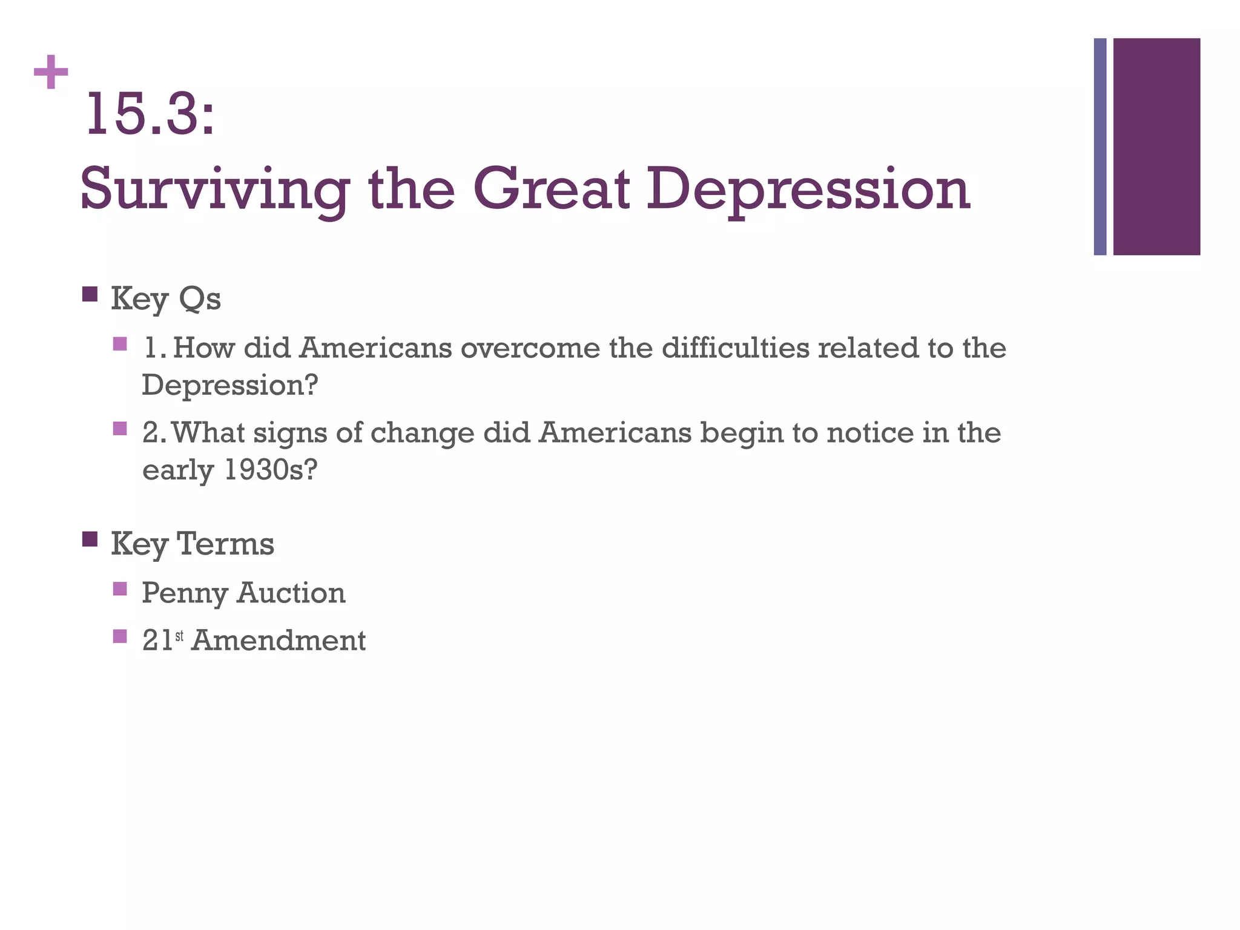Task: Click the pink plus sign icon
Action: pyautogui.click(x=51, y=72)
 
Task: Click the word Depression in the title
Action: pyautogui.click(x=808, y=190)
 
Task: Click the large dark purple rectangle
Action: pyautogui.click(x=1156, y=147)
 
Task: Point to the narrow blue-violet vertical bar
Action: pyautogui.click(x=1100, y=147)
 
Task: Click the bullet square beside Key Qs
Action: pyautogui.click(x=90, y=294)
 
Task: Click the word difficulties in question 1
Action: pyautogui.click(x=735, y=348)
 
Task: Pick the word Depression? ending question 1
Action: pyautogui.click(x=229, y=385)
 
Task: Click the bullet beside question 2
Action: pyautogui.click(x=120, y=429)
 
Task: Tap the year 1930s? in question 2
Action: pyautogui.click(x=270, y=470)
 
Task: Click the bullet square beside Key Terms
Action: pyautogui.click(x=90, y=539)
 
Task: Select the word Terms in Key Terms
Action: pyautogui.click(x=225, y=543)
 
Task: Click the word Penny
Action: pyautogui.click(x=184, y=593)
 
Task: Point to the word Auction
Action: pyautogui.click(x=291, y=592)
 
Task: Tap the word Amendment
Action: pyautogui.click(x=279, y=640)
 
